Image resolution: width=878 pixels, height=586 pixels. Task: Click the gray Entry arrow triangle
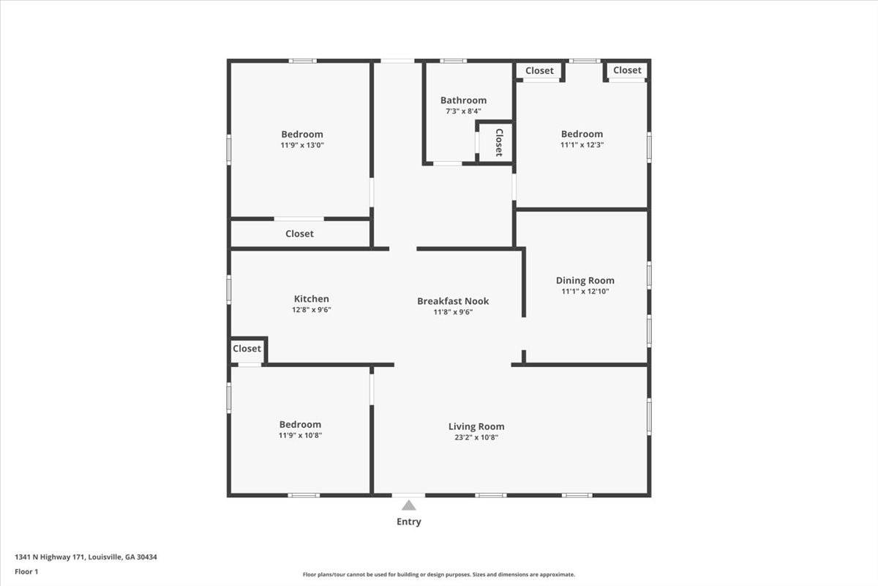[408, 505]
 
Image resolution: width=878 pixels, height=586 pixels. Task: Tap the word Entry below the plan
[409, 522]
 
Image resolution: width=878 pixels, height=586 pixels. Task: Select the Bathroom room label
[463, 100]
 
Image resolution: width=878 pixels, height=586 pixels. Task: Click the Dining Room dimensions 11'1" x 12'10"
[585, 292]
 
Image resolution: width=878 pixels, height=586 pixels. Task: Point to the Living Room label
[476, 426]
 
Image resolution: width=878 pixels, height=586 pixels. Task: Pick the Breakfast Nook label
[453, 301]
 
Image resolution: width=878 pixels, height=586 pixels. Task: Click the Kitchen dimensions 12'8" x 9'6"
[312, 310]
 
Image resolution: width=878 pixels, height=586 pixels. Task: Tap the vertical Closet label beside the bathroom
[499, 143]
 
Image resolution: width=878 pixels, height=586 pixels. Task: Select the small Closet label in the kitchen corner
[247, 349]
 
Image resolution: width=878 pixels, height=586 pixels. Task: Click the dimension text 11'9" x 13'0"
[302, 145]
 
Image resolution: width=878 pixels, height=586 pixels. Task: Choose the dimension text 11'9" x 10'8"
[300, 435]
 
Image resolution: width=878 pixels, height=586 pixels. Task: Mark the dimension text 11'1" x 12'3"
[582, 145]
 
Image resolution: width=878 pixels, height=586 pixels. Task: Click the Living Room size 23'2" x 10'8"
[476, 437]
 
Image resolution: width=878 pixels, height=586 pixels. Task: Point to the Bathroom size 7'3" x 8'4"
[463, 111]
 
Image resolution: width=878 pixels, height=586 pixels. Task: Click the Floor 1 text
[26, 571]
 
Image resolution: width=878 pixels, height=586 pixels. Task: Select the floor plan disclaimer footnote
[439, 574]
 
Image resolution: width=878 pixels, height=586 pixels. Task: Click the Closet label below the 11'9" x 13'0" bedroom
[299, 234]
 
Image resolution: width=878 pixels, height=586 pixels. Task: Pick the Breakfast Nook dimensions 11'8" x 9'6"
[453, 312]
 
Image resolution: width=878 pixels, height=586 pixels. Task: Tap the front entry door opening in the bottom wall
[408, 495]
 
